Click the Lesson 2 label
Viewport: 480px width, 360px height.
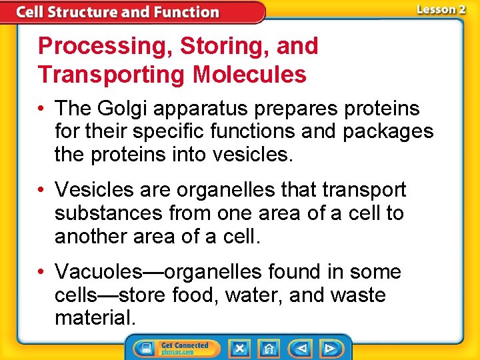click(x=441, y=9)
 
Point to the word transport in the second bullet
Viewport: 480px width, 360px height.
click(x=364, y=190)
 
